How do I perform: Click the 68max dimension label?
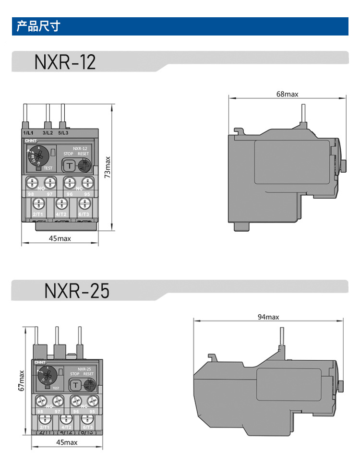coord(287,95)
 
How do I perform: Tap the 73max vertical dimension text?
coord(108,167)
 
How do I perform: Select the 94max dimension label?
coord(268,317)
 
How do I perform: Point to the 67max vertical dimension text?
coord(22,380)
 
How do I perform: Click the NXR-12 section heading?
coord(65,62)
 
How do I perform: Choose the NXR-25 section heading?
coord(77,291)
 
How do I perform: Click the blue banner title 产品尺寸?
coord(38,26)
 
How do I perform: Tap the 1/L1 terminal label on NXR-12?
coord(28,132)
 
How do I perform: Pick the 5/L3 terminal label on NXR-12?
coord(63,132)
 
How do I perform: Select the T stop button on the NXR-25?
coord(75,385)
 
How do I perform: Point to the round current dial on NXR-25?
coord(48,373)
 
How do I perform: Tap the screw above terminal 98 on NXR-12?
coord(32,183)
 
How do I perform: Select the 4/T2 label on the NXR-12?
coord(60,213)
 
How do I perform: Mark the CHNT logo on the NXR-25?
coord(39,362)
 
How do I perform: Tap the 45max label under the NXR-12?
coord(60,238)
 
